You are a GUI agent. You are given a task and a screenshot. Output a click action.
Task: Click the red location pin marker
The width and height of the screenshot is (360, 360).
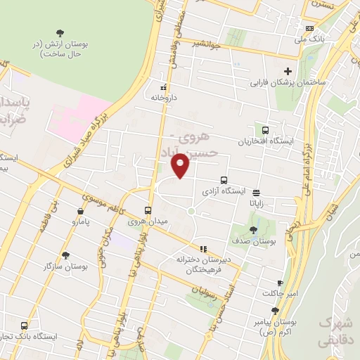181,166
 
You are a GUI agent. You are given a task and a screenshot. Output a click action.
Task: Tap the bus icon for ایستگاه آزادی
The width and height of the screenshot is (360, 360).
224,180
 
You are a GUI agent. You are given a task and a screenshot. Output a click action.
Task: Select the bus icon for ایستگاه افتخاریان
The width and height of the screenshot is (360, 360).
265,130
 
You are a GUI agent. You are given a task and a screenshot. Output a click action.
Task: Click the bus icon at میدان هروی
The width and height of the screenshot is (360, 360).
148,210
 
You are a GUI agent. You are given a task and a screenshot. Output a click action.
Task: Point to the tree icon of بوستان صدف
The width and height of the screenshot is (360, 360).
253,229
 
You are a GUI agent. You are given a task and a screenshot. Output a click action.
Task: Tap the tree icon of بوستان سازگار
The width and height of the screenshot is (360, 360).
66,255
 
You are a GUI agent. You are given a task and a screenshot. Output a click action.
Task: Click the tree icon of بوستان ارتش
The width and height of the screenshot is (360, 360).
59,33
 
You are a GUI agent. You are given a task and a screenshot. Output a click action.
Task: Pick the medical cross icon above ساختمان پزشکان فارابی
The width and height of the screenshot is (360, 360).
288,71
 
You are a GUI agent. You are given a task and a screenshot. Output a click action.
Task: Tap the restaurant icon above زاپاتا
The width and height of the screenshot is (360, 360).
255,191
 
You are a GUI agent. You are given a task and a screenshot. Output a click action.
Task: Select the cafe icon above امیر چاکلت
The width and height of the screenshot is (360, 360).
280,283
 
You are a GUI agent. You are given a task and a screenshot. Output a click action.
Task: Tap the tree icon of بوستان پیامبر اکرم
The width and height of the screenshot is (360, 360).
275,310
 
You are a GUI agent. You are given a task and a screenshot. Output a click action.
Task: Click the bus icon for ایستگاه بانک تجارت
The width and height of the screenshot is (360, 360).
25,326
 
